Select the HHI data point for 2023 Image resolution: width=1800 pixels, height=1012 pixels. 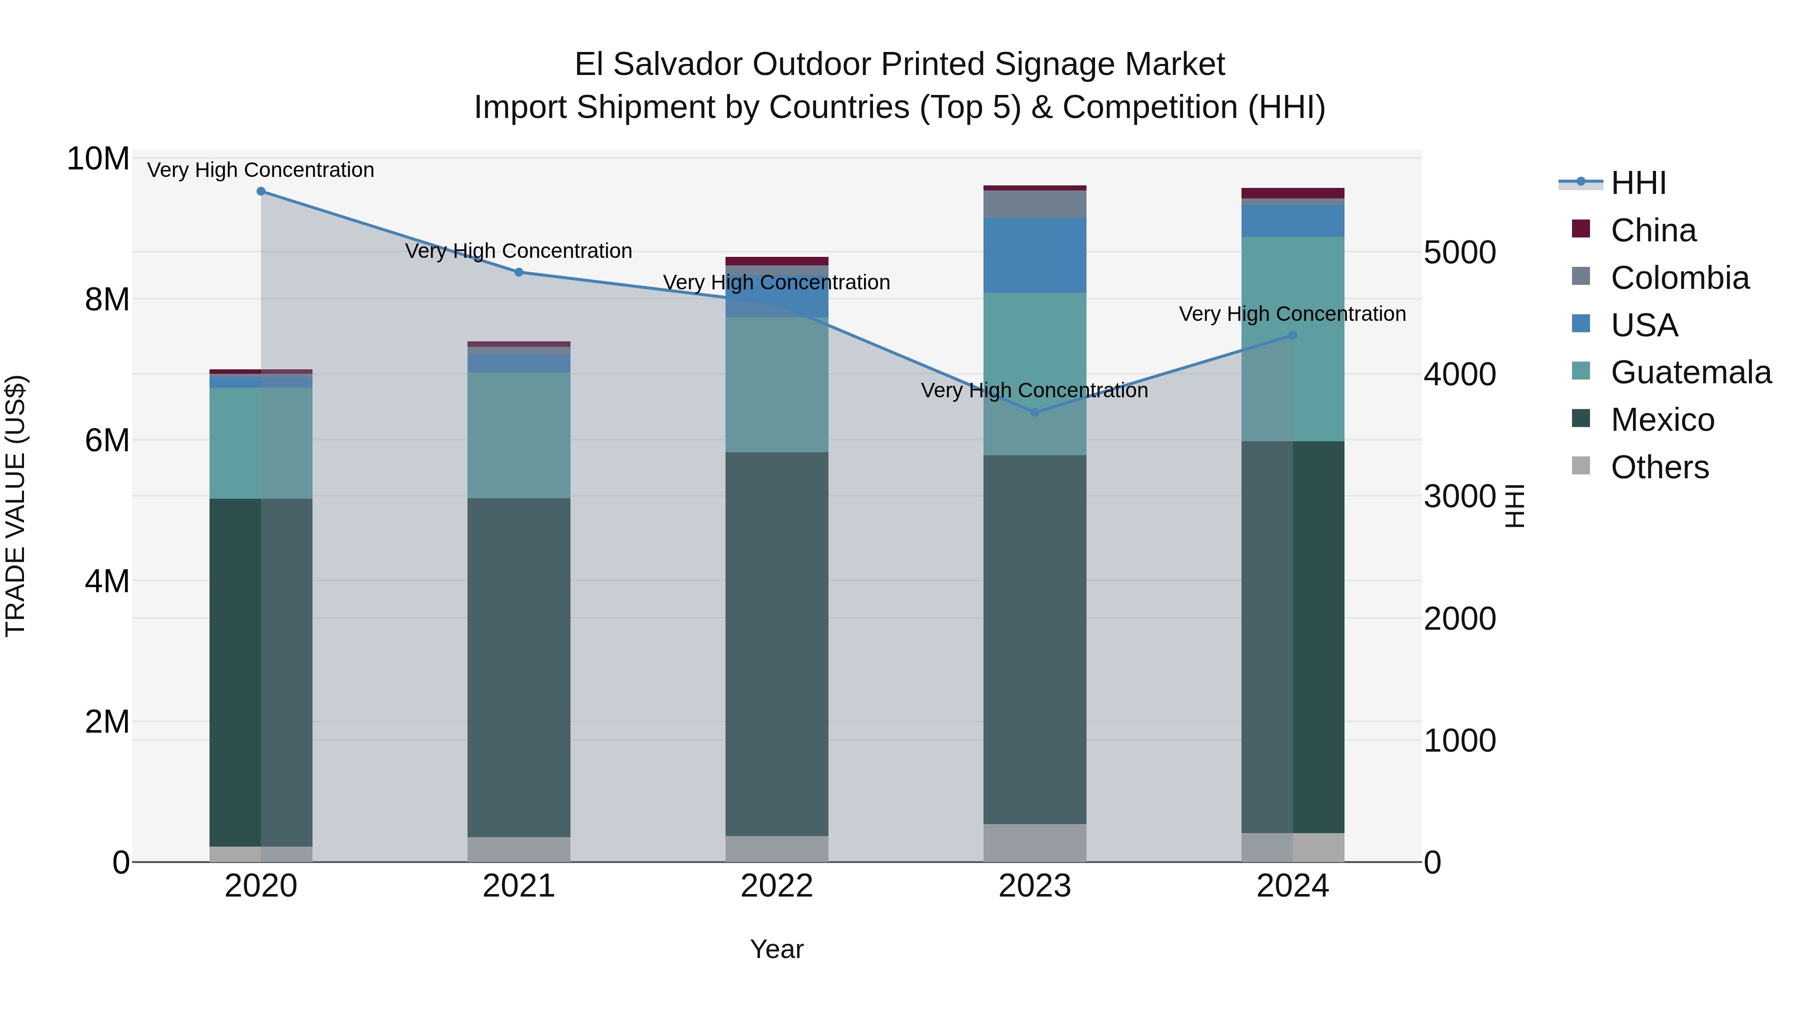1035,412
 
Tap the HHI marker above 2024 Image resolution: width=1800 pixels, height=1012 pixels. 1292,335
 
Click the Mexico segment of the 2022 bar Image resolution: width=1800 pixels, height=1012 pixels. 776,643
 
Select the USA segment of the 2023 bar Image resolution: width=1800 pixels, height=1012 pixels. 1035,255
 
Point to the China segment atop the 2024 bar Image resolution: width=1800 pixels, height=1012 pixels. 1292,193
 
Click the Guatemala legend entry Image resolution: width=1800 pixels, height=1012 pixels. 1690,372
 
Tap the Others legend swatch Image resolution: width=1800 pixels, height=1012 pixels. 1580,466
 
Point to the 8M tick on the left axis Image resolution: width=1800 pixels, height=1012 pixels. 107,300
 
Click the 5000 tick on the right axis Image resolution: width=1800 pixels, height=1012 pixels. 1459,252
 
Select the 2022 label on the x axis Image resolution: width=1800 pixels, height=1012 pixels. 776,886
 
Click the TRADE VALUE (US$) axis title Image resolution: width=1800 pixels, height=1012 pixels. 15,506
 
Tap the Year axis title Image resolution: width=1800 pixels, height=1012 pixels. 776,949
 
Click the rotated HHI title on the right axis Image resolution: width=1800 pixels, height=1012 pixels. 1513,506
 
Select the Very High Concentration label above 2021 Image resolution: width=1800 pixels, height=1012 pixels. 518,251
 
